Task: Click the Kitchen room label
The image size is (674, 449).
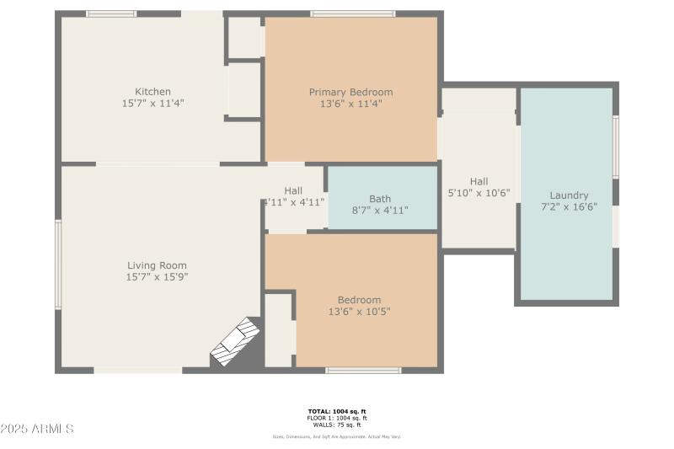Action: pos(152,92)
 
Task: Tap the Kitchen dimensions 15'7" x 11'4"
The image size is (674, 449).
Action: pos(152,103)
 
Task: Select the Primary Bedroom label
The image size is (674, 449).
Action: pos(350,93)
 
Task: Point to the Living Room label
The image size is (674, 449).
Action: pos(156,265)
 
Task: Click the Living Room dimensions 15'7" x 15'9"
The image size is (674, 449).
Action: pos(156,277)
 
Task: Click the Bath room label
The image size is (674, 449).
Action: pos(379,199)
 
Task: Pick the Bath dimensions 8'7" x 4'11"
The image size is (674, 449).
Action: pos(379,211)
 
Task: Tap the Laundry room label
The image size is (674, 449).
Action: pos(569,195)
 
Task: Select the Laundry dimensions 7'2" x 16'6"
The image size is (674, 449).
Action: pos(569,207)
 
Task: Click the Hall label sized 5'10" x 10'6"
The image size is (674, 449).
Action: pos(479,181)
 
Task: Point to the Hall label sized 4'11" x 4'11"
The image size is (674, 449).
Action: pos(293,190)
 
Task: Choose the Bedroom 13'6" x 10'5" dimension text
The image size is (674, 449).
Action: pos(359,312)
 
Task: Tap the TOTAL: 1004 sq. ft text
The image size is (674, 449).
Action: pos(336,411)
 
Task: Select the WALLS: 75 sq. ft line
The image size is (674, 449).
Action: pos(336,424)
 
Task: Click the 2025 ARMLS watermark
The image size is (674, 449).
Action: pos(38,430)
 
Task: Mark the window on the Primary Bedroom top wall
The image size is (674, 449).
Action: pos(352,13)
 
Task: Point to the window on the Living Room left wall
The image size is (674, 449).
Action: pos(58,264)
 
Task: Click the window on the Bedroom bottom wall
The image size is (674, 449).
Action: pos(363,370)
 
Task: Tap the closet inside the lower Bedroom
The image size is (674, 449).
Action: pos(278,329)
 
